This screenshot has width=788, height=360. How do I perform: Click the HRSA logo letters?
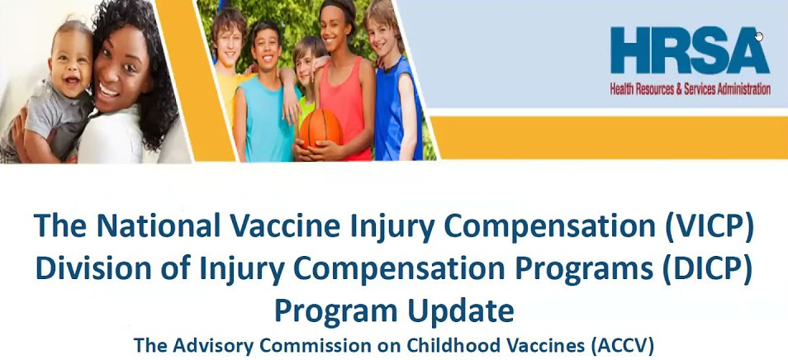690,51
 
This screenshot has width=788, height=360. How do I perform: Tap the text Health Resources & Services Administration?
690,89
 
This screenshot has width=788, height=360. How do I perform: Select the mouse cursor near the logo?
758,36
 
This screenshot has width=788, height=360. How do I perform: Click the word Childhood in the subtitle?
450,345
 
